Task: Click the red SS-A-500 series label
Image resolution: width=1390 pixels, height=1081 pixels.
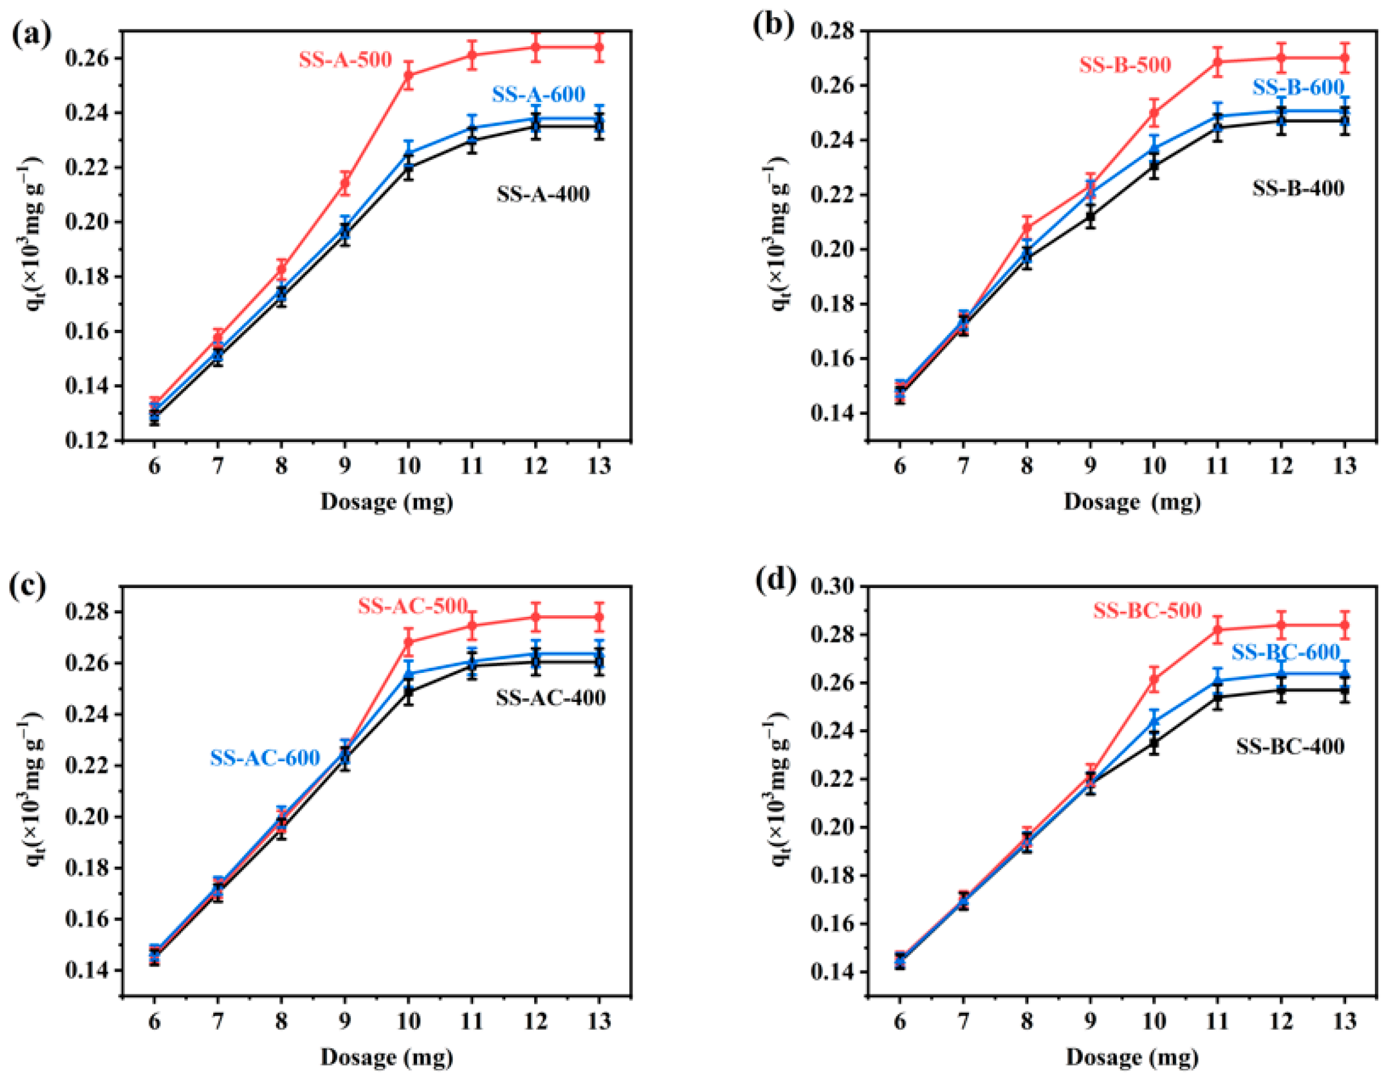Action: pos(345,61)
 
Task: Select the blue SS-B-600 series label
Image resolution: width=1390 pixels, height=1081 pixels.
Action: pos(1298,87)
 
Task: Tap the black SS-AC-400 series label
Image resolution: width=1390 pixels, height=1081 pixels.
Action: pos(550,698)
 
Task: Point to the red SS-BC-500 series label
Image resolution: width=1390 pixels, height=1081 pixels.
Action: pos(1147,611)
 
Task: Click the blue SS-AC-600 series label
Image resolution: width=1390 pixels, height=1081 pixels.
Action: pos(265,758)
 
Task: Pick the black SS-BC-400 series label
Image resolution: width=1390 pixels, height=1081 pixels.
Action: pos(1290,746)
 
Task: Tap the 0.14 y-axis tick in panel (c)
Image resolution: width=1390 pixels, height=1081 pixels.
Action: pos(87,971)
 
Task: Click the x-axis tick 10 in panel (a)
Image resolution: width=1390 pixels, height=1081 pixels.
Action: pos(408,466)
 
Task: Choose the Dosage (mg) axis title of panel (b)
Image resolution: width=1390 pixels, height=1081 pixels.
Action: pos(1132,502)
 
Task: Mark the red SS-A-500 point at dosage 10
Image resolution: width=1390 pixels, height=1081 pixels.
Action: pos(409,75)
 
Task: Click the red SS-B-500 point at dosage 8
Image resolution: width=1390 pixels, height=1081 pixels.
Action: pos(1027,227)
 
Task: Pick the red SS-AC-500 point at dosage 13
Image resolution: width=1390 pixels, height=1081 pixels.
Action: pos(599,616)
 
